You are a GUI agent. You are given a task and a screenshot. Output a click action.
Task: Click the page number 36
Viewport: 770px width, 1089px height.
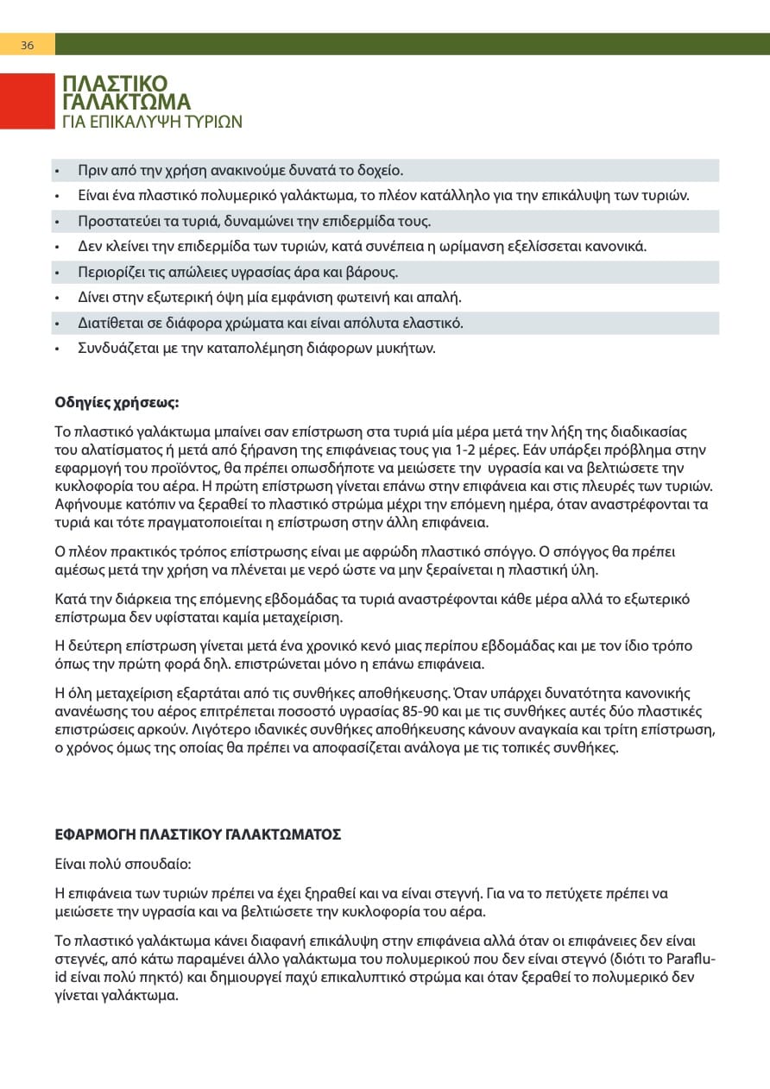[x=27, y=45]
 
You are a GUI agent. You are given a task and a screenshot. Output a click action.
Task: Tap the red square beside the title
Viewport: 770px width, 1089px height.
[x=27, y=102]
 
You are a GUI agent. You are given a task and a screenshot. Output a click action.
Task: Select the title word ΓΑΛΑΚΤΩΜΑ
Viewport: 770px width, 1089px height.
[x=126, y=103]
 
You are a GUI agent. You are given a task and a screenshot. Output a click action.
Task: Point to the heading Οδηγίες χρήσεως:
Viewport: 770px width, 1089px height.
[x=117, y=402]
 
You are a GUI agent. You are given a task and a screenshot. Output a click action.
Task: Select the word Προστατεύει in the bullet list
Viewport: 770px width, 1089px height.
[x=117, y=221]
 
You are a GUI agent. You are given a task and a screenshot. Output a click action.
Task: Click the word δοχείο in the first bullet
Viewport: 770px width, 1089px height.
[x=378, y=170]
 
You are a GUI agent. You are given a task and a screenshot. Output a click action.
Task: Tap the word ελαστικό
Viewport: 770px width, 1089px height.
[x=431, y=324]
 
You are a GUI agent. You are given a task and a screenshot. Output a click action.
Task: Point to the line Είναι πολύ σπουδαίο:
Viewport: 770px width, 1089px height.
[x=123, y=864]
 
